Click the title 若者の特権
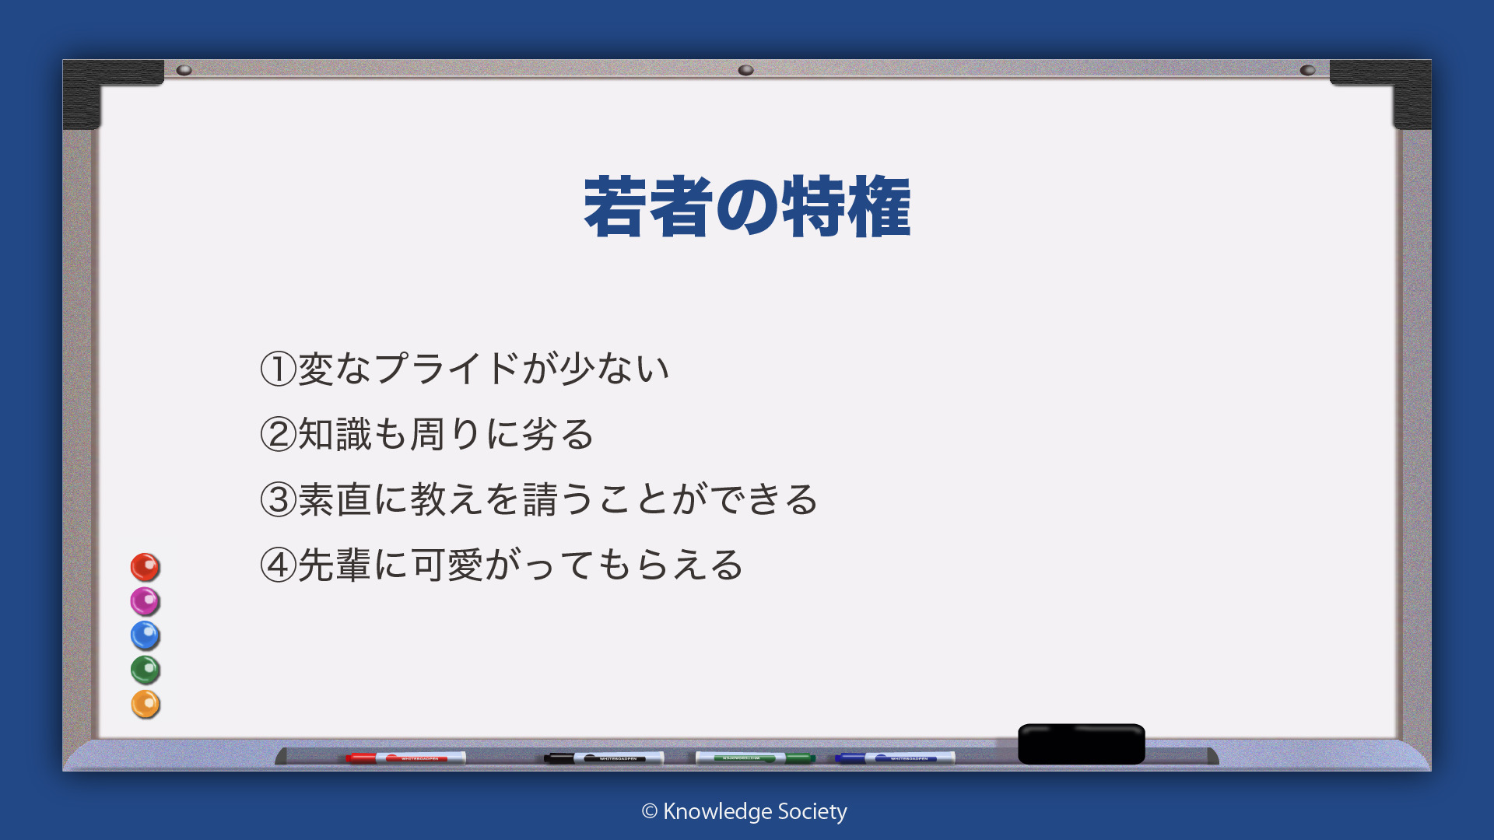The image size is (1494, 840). pyautogui.click(x=747, y=206)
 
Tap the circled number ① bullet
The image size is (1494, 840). pyautogui.click(x=279, y=369)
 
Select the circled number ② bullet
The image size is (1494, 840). pyautogui.click(x=279, y=434)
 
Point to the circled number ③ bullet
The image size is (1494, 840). pyautogui.click(x=279, y=499)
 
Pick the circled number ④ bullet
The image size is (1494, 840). pyautogui.click(x=279, y=565)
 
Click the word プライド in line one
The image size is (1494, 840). pyautogui.click(x=447, y=368)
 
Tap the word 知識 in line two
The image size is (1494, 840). pyautogui.click(x=335, y=434)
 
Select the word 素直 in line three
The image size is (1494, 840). pyautogui.click(x=335, y=499)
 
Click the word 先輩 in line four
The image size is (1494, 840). pyautogui.click(x=335, y=565)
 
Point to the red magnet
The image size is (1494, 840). pyautogui.click(x=145, y=567)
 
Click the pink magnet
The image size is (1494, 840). pyautogui.click(x=145, y=601)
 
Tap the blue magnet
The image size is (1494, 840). pyautogui.click(x=145, y=635)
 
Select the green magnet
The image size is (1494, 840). pyautogui.click(x=145, y=670)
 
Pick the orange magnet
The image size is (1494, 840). pyautogui.click(x=145, y=704)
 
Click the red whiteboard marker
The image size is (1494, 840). pyautogui.click(x=405, y=758)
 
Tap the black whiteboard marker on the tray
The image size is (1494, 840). pyautogui.click(x=604, y=758)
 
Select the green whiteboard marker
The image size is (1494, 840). pyautogui.click(x=755, y=758)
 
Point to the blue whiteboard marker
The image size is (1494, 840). pyautogui.click(x=895, y=758)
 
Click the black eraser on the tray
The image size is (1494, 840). pyautogui.click(x=1082, y=744)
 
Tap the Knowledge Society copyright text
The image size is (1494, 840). pyautogui.click(x=745, y=812)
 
